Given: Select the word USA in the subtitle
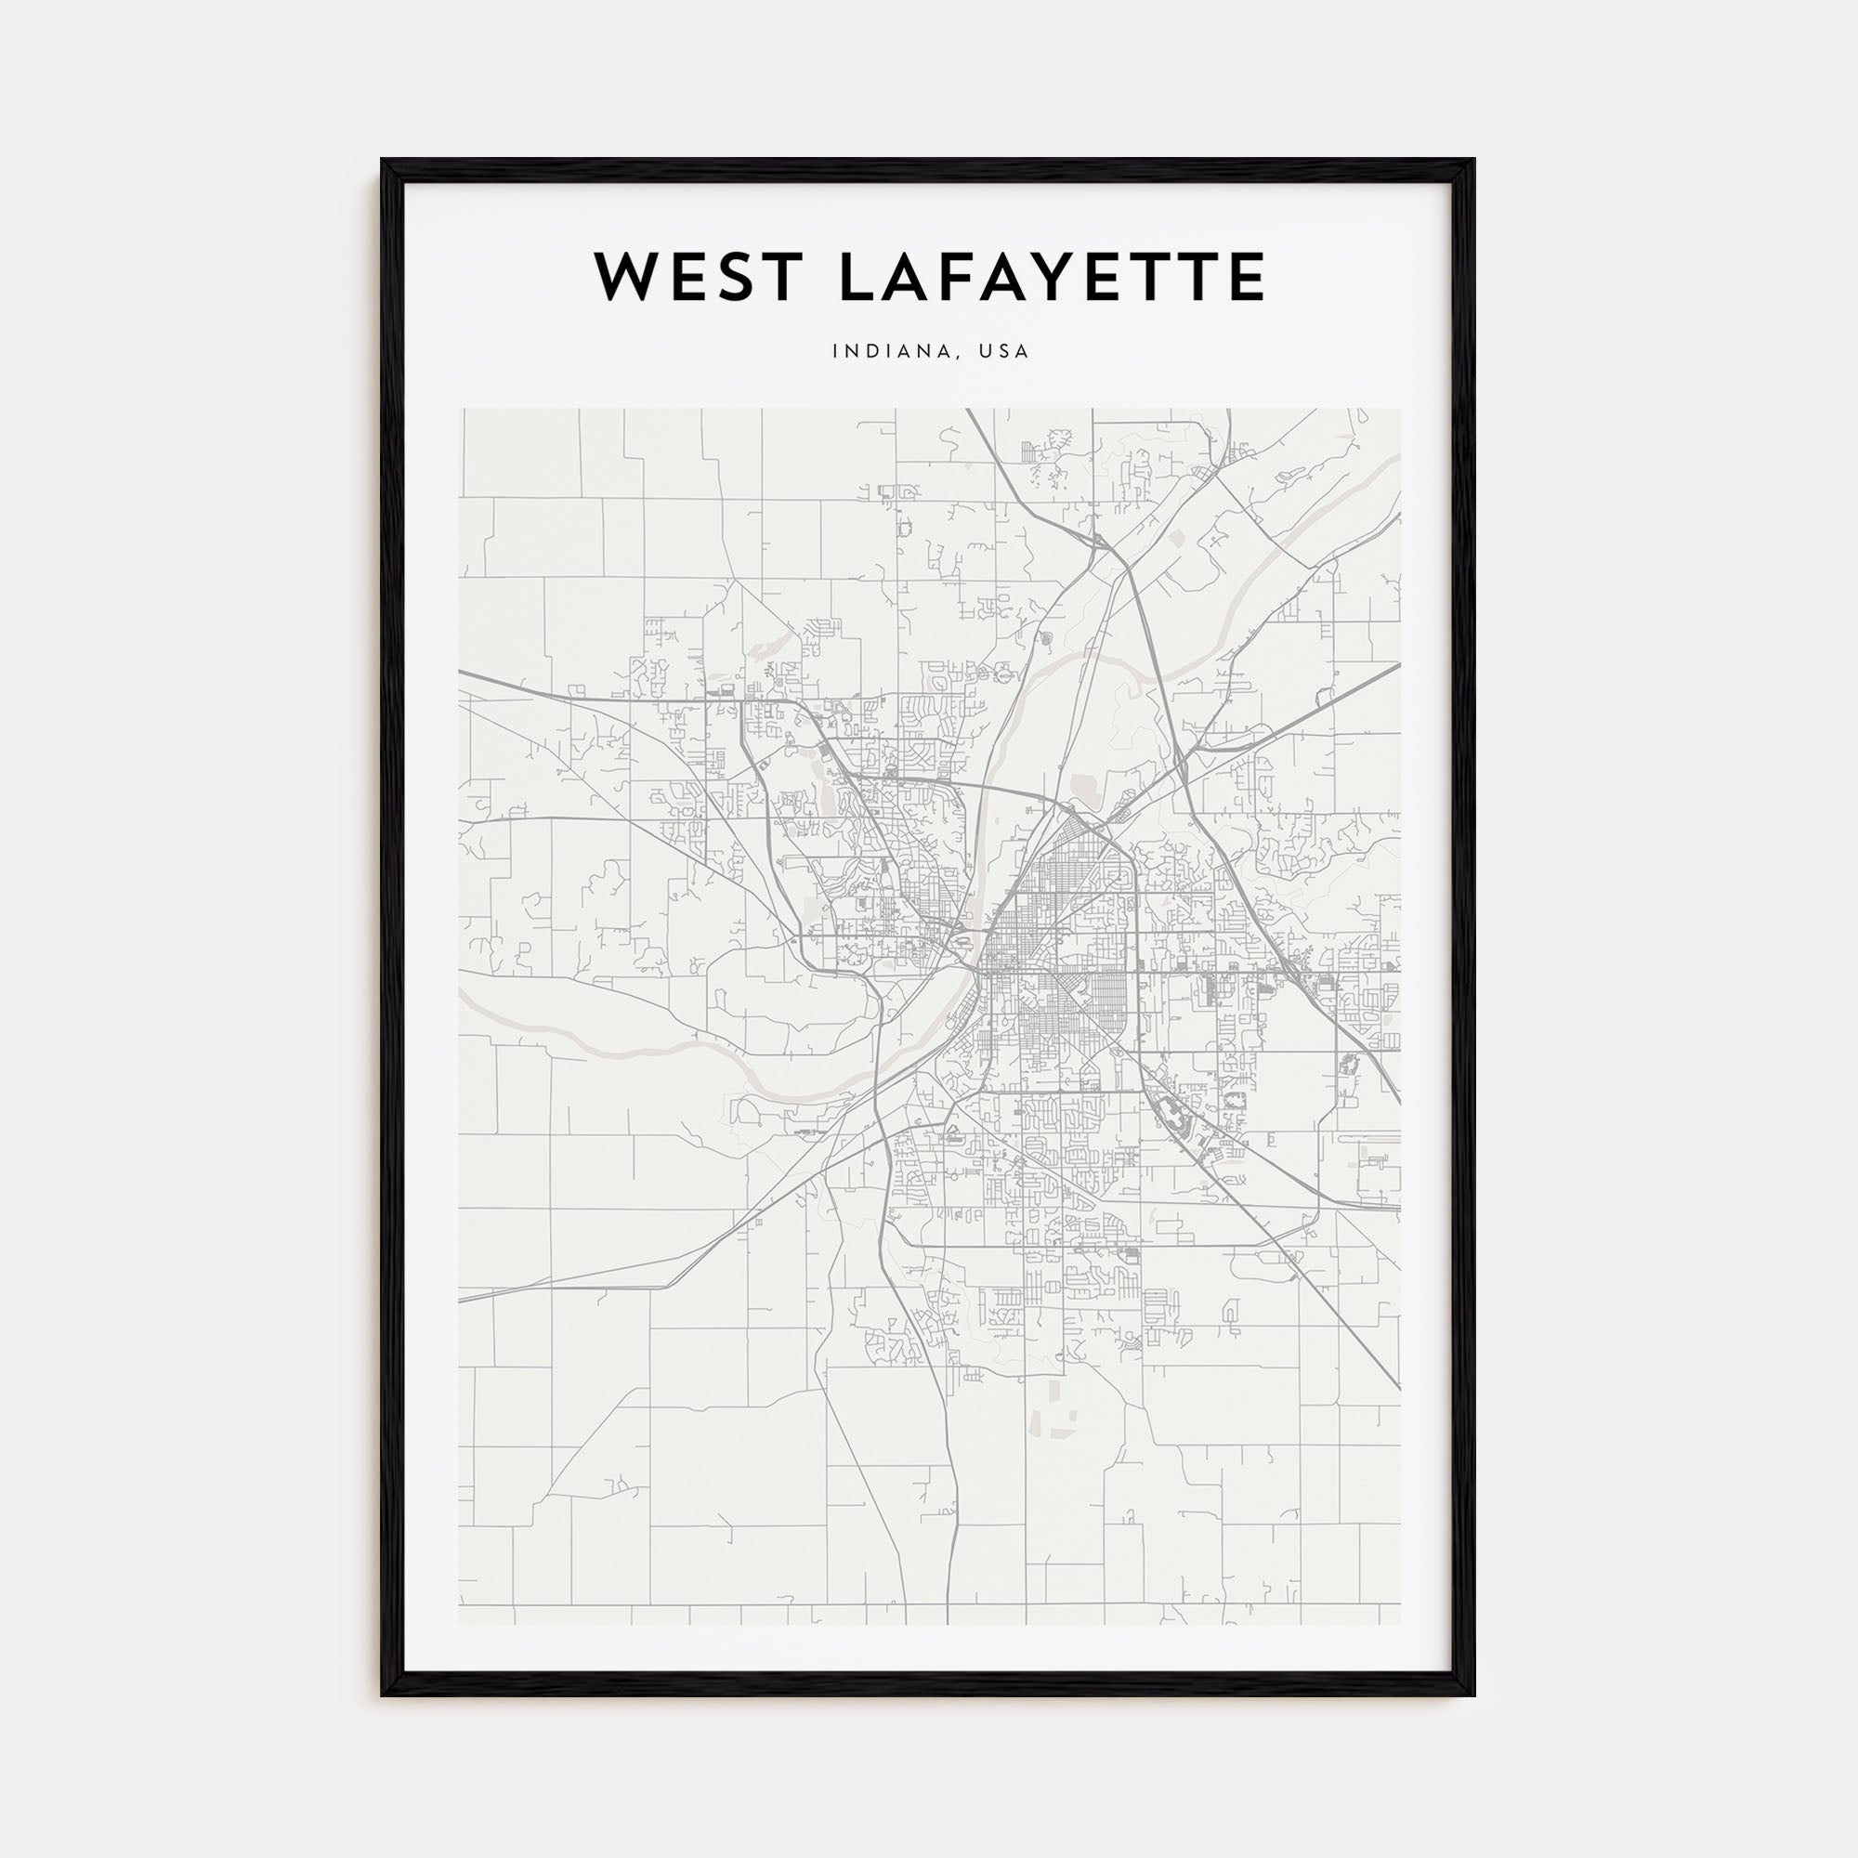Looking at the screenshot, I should point(1003,352).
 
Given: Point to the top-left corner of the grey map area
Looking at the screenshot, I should point(460,409).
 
